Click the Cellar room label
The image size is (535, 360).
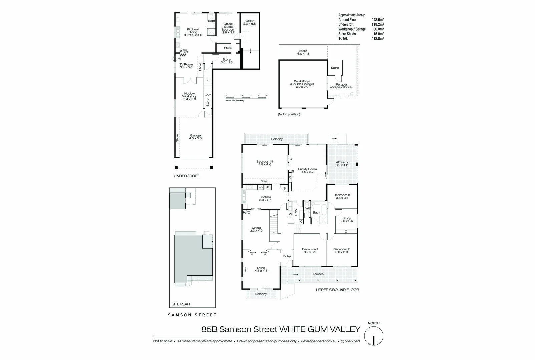click(249, 22)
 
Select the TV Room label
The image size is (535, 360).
click(186, 66)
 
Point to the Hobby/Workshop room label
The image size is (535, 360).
click(189, 96)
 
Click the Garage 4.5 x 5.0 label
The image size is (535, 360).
click(195, 137)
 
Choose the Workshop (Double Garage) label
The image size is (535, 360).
click(302, 84)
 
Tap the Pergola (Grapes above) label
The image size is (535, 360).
click(341, 86)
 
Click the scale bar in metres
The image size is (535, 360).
click(246, 98)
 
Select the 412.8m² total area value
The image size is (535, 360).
click(377, 39)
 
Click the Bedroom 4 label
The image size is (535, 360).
click(264, 163)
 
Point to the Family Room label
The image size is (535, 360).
click(307, 170)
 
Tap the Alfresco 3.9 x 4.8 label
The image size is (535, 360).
click(342, 164)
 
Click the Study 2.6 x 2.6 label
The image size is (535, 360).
click(346, 219)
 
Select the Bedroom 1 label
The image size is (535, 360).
click(310, 251)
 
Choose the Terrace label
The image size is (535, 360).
click(318, 274)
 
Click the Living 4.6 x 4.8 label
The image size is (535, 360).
click(261, 269)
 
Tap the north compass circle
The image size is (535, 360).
click(374, 336)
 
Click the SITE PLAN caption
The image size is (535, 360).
click(181, 304)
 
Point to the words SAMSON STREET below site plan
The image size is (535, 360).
click(192, 315)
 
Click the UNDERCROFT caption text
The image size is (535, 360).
click(186, 176)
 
